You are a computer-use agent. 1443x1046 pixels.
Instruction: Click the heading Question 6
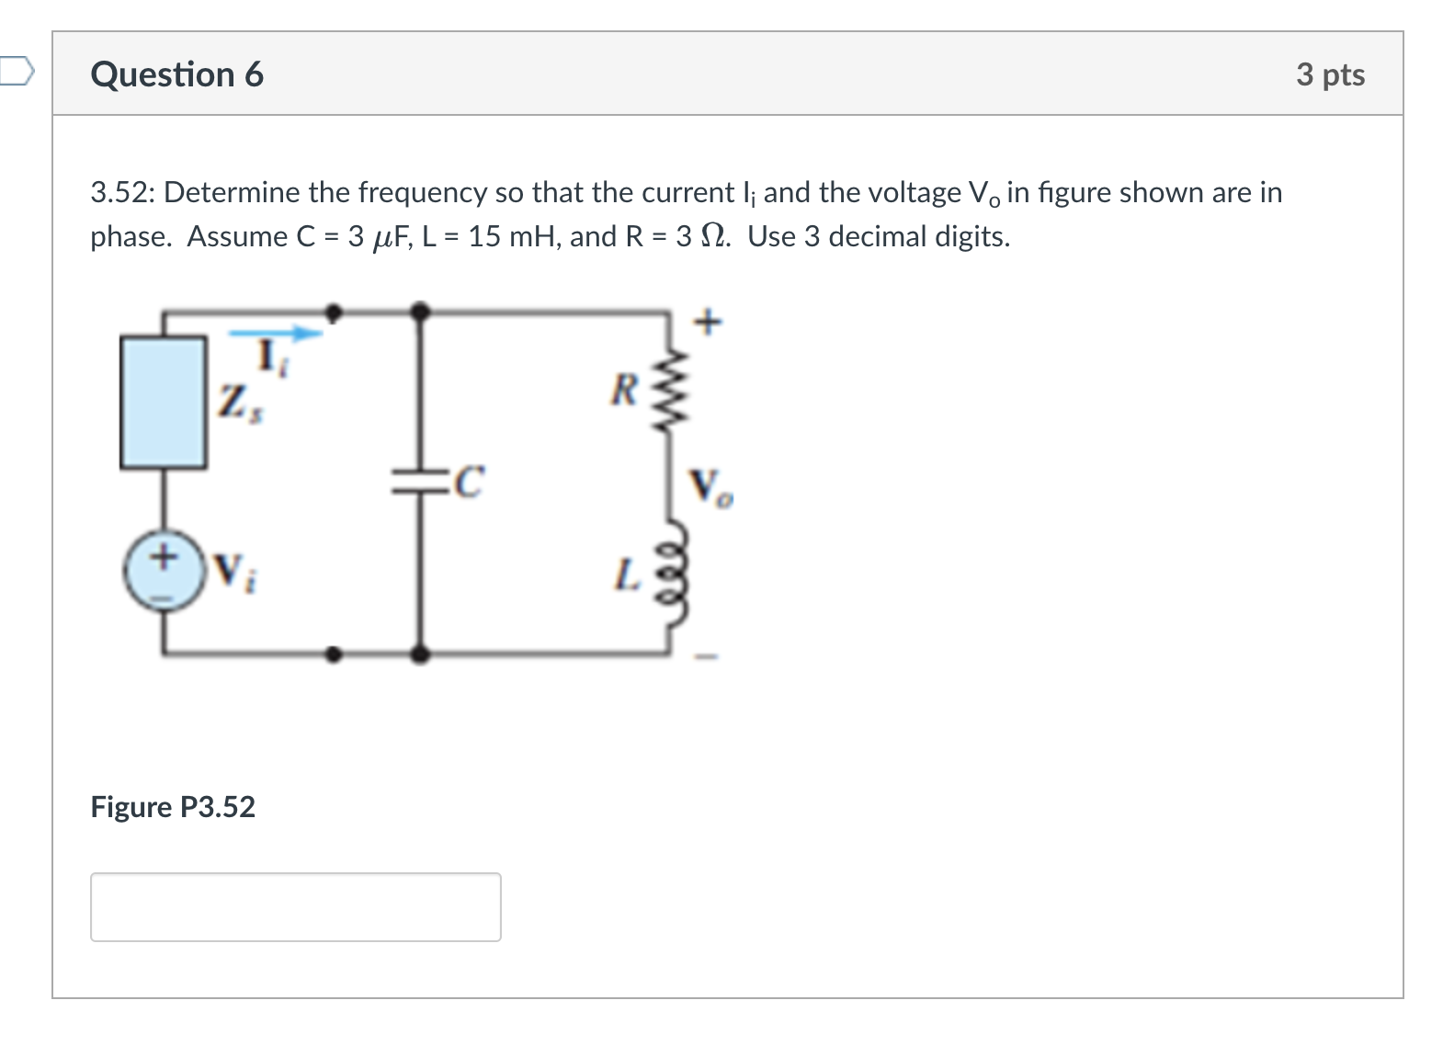pyautogui.click(x=176, y=74)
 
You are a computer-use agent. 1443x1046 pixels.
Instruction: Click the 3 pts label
pyautogui.click(x=1330, y=74)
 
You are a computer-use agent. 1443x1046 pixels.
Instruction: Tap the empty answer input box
pyautogui.click(x=295, y=906)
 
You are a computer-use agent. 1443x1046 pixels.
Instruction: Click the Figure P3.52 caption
pyautogui.click(x=173, y=806)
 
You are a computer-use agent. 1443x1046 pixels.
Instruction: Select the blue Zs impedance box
pyautogui.click(x=164, y=402)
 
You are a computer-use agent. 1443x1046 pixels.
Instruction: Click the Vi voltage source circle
pyautogui.click(x=164, y=570)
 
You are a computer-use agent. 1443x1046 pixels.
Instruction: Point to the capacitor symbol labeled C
pyautogui.click(x=421, y=481)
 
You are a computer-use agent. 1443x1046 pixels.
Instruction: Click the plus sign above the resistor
pyautogui.click(x=708, y=323)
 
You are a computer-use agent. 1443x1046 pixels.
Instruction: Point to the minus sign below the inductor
pyautogui.click(x=706, y=656)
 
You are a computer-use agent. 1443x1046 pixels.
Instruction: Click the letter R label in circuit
pyautogui.click(x=624, y=391)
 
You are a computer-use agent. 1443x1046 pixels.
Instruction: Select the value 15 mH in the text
pyautogui.click(x=515, y=237)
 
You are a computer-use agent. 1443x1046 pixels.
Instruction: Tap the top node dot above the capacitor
pyautogui.click(x=420, y=313)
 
